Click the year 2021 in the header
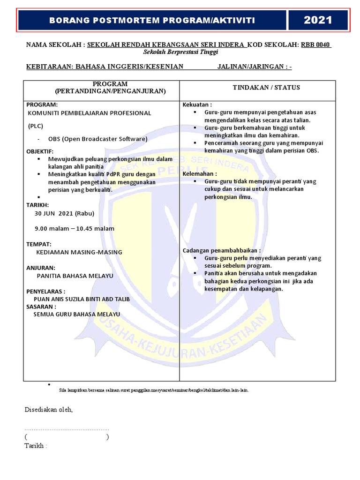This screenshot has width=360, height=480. point(318,20)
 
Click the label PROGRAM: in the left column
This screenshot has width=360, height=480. point(42,105)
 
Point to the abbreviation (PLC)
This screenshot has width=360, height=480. point(35,126)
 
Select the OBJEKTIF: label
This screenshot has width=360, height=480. point(40,151)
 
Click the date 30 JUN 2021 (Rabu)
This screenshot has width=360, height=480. point(64,213)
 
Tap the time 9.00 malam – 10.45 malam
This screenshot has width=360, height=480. point(74,229)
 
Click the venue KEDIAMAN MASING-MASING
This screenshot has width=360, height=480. point(79,252)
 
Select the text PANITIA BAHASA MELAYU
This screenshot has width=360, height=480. point(75,276)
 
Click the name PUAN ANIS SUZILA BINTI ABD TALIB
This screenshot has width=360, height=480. point(82,299)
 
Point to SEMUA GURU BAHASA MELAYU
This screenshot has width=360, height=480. point(77,314)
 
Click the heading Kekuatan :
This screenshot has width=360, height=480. point(197,105)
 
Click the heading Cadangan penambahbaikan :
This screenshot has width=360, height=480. point(221,251)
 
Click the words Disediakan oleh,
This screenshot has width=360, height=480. point(49,410)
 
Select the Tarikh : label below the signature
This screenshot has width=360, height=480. point(36,446)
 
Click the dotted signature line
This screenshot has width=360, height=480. point(67,429)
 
